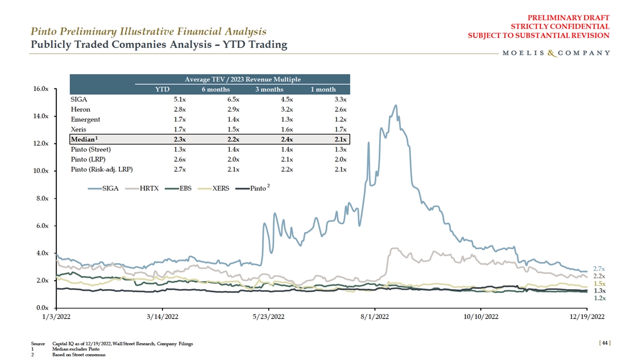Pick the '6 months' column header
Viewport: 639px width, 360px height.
click(216, 89)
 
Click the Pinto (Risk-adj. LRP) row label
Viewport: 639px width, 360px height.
click(101, 170)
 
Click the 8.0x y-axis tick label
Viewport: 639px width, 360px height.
click(42, 199)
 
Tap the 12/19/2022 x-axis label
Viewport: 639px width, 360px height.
click(586, 317)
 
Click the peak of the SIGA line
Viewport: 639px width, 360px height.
click(395, 105)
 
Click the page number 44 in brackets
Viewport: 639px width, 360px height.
click(604, 345)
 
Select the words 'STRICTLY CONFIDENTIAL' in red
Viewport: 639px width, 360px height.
click(560, 27)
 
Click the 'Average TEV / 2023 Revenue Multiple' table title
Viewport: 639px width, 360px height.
click(242, 79)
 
